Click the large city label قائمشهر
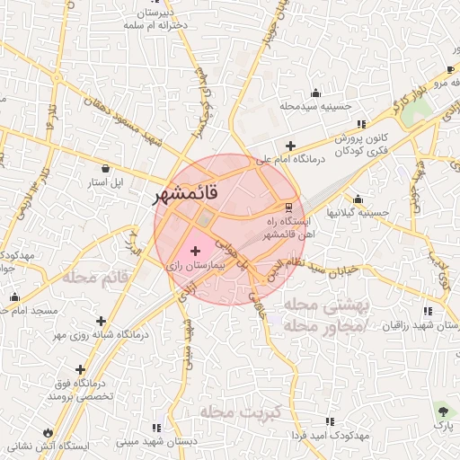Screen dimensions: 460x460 pyautogui.click(x=184, y=193)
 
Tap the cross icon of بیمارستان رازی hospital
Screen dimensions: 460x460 pyautogui.click(x=196, y=251)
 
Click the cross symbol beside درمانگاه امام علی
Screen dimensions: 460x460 pyautogui.click(x=289, y=146)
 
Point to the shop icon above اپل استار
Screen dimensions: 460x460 pyautogui.click(x=106, y=168)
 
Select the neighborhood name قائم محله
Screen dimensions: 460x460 pyautogui.click(x=91, y=278)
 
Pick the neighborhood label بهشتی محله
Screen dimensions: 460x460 pyautogui.click(x=327, y=305)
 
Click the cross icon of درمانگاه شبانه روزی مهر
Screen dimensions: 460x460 pyautogui.click(x=101, y=321)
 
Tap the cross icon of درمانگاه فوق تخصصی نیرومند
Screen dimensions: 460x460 pyautogui.click(x=81, y=369)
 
